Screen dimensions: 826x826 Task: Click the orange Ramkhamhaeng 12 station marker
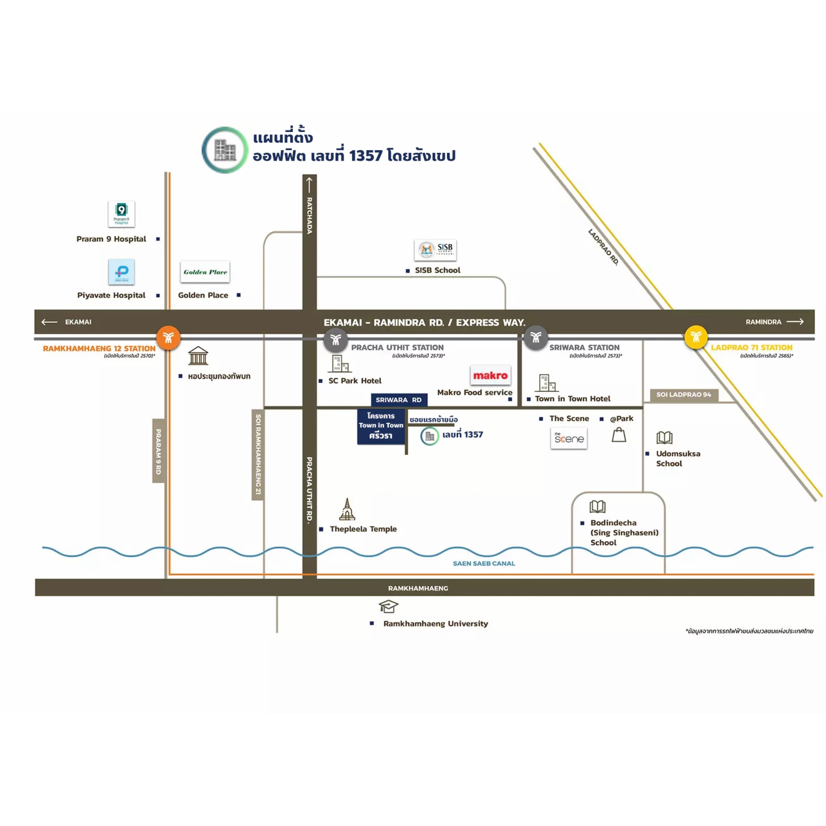click(168, 338)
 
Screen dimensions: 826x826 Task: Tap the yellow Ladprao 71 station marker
click(696, 337)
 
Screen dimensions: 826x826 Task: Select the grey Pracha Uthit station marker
click(336, 339)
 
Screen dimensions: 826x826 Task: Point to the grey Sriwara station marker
click(536, 337)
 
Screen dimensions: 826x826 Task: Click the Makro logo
click(490, 376)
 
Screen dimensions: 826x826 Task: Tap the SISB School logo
click(435, 250)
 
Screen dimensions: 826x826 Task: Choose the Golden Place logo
click(205, 272)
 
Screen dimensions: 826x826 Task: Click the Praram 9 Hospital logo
click(121, 214)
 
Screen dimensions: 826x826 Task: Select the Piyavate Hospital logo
click(121, 272)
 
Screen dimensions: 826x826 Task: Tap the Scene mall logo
click(569, 438)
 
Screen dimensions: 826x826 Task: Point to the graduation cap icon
click(388, 606)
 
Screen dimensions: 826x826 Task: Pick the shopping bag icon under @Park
click(619, 435)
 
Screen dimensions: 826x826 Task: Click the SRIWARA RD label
click(399, 400)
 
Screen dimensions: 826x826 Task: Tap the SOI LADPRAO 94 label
click(684, 395)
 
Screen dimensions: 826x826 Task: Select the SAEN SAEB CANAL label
click(484, 563)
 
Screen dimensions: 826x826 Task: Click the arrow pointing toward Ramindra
click(795, 322)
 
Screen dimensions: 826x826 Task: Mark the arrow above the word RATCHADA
click(309, 185)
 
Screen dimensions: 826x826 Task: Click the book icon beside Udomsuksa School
click(664, 438)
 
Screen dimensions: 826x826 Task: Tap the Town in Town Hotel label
click(572, 399)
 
